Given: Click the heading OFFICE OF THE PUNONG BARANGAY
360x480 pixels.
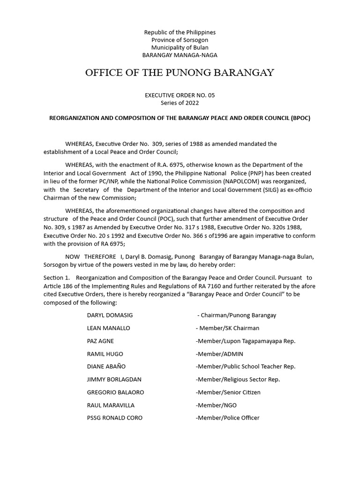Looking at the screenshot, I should coord(180,73).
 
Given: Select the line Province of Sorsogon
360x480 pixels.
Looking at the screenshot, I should coord(180,40).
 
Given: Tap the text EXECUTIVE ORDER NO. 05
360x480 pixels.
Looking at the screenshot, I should coord(180,95).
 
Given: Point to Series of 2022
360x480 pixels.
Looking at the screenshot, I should coord(180,102).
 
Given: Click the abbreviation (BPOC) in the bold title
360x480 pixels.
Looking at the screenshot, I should coord(300,118).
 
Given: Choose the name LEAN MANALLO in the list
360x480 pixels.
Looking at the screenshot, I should coord(109,328).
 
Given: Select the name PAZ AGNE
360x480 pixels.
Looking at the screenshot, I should coord(100,341).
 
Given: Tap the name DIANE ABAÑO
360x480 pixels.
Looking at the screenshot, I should coord(106,367).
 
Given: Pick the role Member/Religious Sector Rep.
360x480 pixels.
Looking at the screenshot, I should coord(238,379).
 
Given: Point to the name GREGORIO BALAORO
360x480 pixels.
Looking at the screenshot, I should coord(115,392).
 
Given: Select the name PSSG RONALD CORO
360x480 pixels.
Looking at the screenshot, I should coord(115,418).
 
